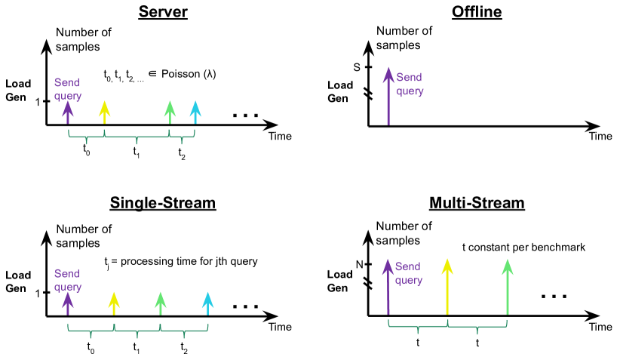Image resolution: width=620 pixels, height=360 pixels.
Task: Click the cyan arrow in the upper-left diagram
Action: (x=195, y=112)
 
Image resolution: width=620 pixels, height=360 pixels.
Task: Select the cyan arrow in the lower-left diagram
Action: (x=207, y=303)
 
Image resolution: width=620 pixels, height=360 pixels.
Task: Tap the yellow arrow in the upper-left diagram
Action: (x=104, y=112)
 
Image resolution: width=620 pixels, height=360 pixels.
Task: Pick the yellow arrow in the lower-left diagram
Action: (x=114, y=303)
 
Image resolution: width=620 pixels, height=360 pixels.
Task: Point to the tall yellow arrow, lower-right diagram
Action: (x=447, y=286)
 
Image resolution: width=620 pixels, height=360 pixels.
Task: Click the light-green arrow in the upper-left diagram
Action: (x=170, y=112)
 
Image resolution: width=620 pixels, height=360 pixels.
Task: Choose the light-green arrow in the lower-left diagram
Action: (x=161, y=303)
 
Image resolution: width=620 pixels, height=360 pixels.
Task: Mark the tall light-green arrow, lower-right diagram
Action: (x=507, y=286)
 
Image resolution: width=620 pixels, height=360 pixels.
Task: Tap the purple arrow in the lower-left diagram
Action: (x=68, y=303)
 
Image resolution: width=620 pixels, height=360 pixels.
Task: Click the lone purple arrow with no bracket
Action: (x=388, y=95)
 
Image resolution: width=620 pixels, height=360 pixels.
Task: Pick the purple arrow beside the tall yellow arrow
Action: (x=388, y=286)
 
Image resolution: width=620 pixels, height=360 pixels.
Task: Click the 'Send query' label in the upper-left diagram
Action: (x=67, y=89)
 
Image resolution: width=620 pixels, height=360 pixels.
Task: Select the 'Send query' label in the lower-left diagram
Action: (x=67, y=280)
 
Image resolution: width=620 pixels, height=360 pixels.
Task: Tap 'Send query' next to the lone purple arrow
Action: (x=410, y=84)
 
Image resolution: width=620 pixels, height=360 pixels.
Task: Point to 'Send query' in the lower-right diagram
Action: (x=408, y=273)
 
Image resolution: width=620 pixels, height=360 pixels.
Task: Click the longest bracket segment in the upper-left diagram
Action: (x=137, y=137)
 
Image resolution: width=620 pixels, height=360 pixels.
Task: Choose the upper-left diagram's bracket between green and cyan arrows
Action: (x=182, y=137)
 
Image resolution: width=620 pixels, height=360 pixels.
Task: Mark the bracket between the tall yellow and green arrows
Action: (x=477, y=327)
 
